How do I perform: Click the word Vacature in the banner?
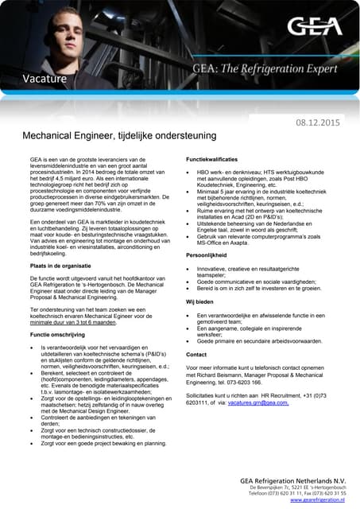click(x=45, y=78)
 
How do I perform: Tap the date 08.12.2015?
click(x=317, y=122)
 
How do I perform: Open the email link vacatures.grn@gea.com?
click(x=257, y=403)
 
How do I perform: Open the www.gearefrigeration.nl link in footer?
click(x=317, y=500)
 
